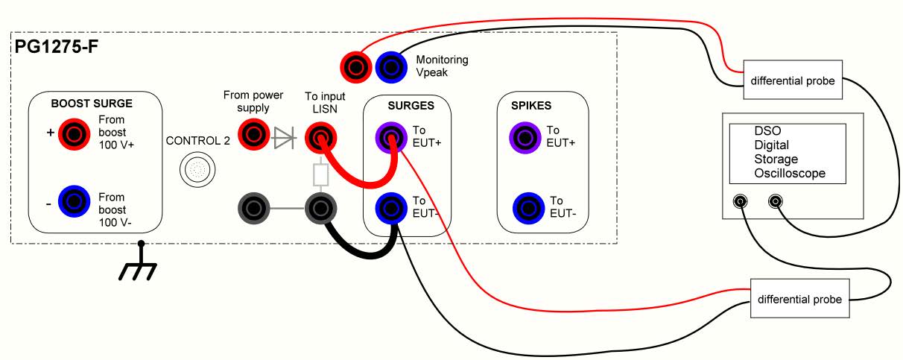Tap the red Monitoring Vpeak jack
coord(355,66)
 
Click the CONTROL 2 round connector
coord(196,171)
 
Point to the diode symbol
coord(284,136)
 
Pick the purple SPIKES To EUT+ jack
coord(525,136)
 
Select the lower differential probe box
coord(799,299)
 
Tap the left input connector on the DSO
coord(741,201)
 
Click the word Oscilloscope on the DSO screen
coord(790,174)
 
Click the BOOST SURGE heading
coord(92,104)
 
